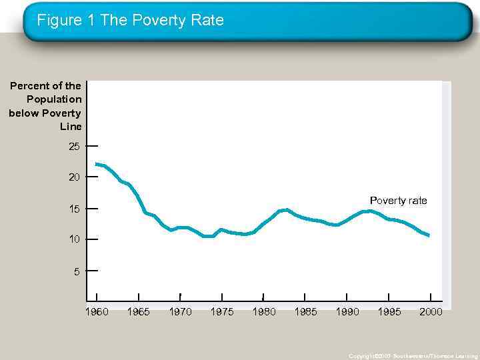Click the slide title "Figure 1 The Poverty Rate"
tap(130, 21)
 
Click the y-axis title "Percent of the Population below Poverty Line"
tap(45, 106)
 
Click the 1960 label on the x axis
tap(97, 312)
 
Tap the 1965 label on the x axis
tap(138, 312)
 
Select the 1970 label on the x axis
tap(180, 312)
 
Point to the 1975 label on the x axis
tap(222, 312)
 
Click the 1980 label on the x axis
tap(264, 312)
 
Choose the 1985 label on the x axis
tap(305, 312)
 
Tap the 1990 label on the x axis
tap(347, 312)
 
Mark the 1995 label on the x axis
tap(389, 312)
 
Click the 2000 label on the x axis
tap(431, 312)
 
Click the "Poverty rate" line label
tap(398, 201)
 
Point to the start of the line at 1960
tap(97, 164)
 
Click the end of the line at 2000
tap(429, 235)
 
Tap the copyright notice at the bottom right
tap(413, 356)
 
